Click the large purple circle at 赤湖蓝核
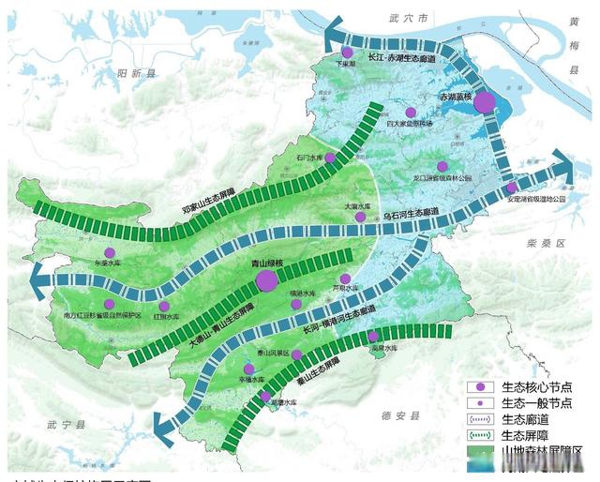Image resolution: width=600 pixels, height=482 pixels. (485, 104)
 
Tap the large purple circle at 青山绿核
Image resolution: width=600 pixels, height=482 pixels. (267, 279)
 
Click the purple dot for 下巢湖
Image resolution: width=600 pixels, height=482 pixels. (348, 53)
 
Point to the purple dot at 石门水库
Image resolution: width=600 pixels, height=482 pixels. (330, 158)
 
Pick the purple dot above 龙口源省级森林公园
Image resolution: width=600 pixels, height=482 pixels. (442, 166)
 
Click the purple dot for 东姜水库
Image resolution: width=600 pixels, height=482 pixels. (110, 252)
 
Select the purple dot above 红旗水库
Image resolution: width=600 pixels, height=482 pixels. (164, 306)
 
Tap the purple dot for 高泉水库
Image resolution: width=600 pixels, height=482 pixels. (374, 336)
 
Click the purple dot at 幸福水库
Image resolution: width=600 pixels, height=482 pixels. (249, 369)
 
